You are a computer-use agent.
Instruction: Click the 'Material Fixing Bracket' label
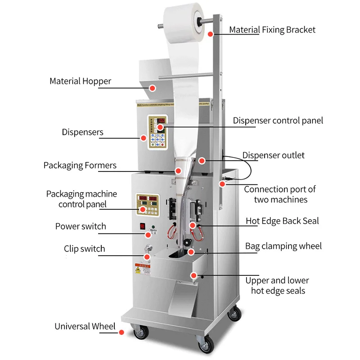click(x=272, y=30)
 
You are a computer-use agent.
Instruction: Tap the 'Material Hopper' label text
click(x=80, y=81)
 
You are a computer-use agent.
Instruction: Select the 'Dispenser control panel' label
click(x=278, y=121)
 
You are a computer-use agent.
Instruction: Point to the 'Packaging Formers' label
click(x=80, y=165)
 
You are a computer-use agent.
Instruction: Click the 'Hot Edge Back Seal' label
click(x=282, y=221)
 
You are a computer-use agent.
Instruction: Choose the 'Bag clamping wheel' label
click(x=283, y=246)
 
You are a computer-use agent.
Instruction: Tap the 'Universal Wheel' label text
click(x=85, y=326)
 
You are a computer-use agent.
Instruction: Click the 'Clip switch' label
click(x=84, y=248)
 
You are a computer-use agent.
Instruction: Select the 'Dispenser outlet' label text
click(x=273, y=155)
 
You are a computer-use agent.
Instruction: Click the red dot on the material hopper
click(x=153, y=88)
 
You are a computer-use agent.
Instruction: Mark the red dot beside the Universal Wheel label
click(x=121, y=333)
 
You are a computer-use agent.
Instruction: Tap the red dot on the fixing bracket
click(x=210, y=33)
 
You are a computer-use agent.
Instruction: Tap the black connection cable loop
click(x=246, y=170)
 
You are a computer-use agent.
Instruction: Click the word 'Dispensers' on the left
click(x=82, y=132)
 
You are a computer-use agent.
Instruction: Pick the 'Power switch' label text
click(x=81, y=226)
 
